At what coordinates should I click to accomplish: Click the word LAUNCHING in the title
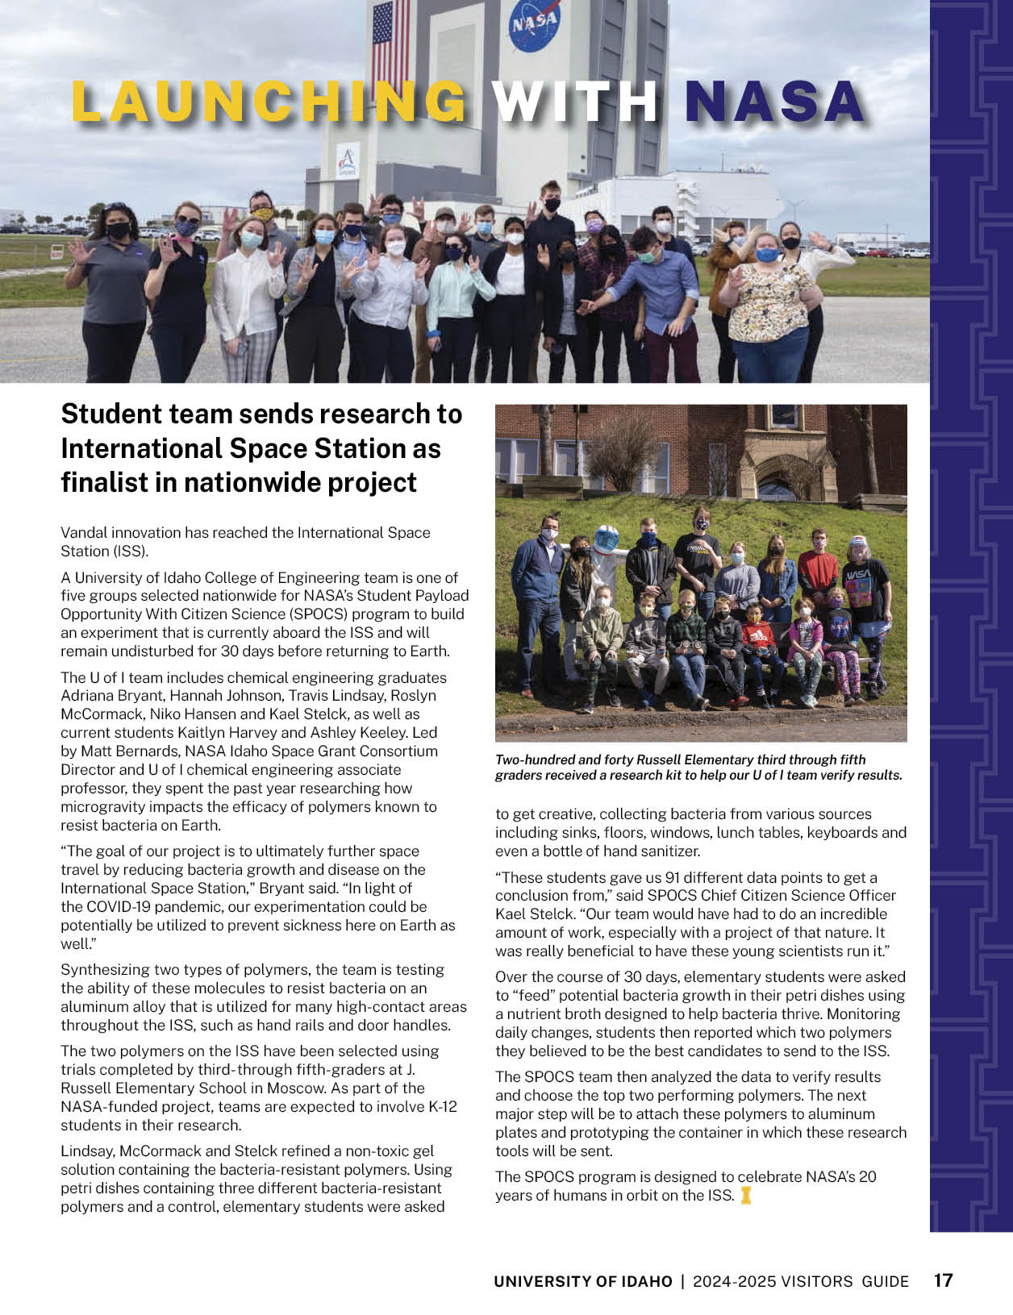coord(269,102)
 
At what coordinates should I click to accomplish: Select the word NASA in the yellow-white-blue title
coord(773,102)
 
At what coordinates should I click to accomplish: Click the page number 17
coord(943,1280)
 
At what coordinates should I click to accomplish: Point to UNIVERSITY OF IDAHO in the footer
coord(582,1281)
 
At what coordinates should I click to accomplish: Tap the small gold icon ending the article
coord(746,1196)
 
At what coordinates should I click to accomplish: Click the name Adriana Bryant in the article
coord(105,696)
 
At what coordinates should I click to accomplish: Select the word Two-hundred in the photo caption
coord(533,759)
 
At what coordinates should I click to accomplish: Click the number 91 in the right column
coord(673,877)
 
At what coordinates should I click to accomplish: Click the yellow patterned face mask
coord(263,214)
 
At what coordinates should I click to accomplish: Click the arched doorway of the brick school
coord(777,480)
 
